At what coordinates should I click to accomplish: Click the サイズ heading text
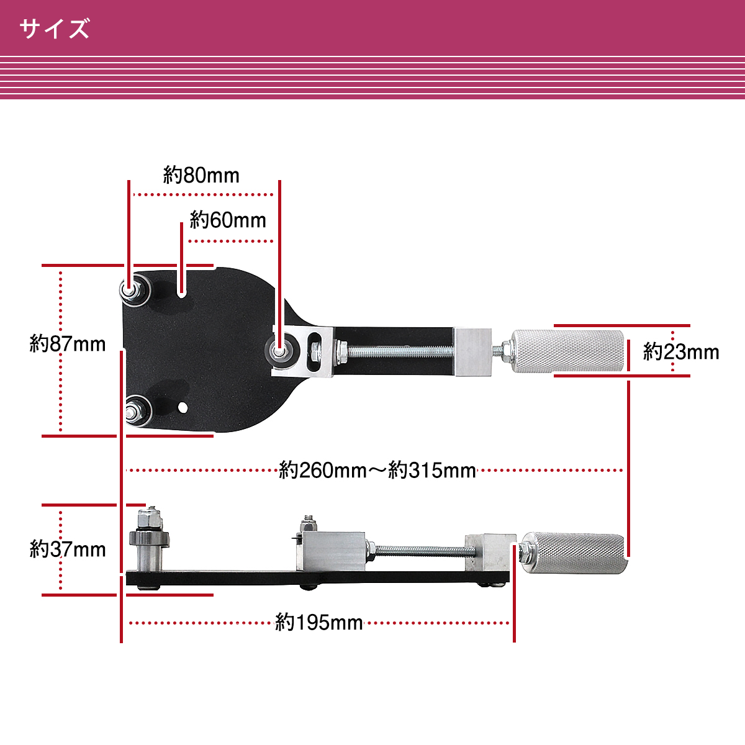55,29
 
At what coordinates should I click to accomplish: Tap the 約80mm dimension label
201,175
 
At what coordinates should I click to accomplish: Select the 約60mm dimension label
228,220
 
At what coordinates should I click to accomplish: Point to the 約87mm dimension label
68,344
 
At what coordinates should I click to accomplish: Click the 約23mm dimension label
681,352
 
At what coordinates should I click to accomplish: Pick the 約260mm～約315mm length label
377,470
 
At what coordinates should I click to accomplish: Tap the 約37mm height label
68,549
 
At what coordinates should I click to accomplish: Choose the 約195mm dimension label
319,623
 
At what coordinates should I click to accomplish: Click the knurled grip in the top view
569,351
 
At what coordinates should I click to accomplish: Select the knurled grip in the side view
574,553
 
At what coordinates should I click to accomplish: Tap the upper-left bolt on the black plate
135,290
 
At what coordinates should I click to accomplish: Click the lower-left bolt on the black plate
137,410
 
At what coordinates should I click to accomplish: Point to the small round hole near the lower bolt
183,407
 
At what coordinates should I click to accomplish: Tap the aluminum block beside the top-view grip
473,352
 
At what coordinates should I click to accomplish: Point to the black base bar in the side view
317,577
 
